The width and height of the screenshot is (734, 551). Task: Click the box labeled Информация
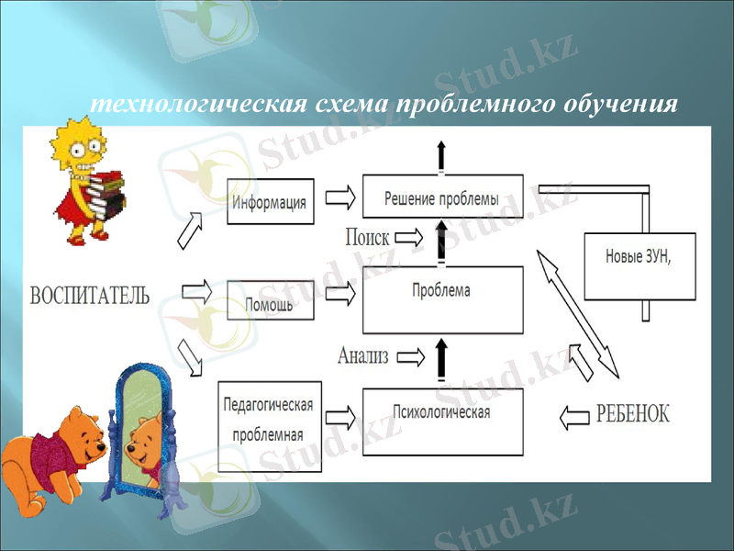click(x=271, y=201)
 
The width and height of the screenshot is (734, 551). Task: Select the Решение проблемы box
click(x=442, y=197)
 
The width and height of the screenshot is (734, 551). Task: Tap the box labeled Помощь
click(x=271, y=301)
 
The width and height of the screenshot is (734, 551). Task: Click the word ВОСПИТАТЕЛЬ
click(x=90, y=296)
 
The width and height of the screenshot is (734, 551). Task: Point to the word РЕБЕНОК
click(x=633, y=414)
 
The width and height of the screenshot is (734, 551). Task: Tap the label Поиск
click(x=367, y=237)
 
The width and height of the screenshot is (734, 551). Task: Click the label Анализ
click(x=364, y=354)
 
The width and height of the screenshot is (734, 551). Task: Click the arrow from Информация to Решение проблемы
click(x=339, y=197)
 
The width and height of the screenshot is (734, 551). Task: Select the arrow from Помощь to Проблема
click(x=339, y=294)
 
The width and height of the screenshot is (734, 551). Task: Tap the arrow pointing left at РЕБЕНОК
click(x=573, y=416)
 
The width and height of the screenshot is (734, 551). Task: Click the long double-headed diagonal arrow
click(x=578, y=312)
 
